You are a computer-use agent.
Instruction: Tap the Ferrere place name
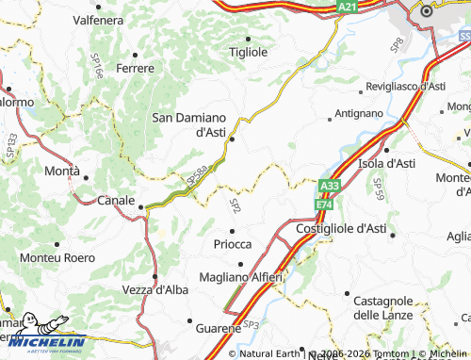tap(135, 68)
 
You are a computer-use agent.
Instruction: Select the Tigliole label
tap(249, 52)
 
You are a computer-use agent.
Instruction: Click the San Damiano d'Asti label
tap(188, 124)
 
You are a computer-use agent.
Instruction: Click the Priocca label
tap(232, 242)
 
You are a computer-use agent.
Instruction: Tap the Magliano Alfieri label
tap(241, 276)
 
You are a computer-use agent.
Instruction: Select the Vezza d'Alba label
tap(156, 289)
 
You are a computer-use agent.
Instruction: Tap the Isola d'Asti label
tap(387, 163)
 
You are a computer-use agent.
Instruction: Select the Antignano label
tap(361, 115)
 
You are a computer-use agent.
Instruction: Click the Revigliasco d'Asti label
tap(406, 86)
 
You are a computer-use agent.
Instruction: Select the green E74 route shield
tap(325, 204)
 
